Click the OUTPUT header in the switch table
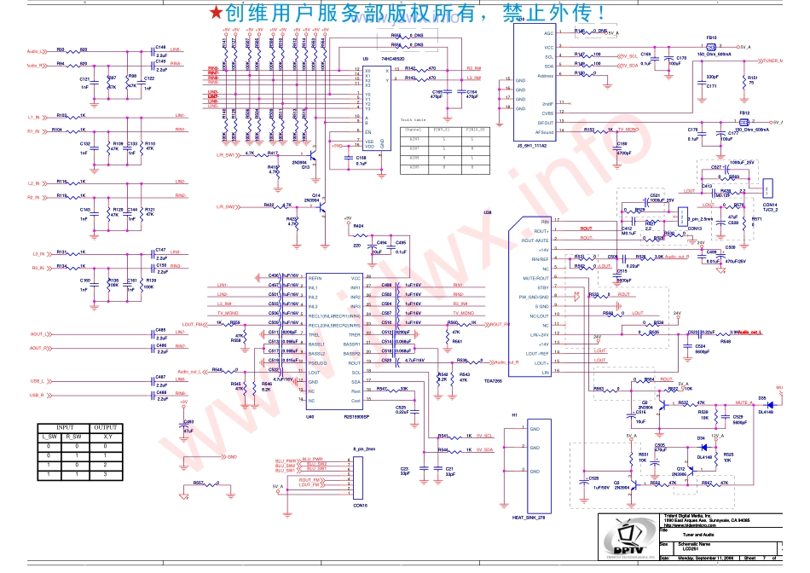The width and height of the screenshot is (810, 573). (106, 427)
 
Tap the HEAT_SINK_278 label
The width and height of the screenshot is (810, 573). (529, 518)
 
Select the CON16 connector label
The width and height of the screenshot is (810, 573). (359, 506)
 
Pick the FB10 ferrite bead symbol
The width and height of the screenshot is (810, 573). (711, 46)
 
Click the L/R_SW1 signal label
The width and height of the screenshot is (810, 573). (226, 154)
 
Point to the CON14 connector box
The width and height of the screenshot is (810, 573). (767, 189)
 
